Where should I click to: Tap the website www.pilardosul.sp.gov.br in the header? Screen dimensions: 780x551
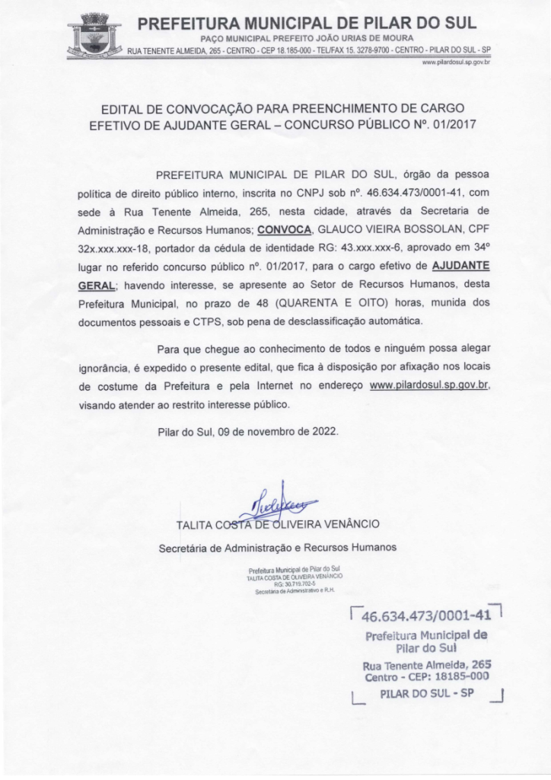(x=454, y=62)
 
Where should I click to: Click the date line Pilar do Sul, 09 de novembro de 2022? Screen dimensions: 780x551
(x=247, y=431)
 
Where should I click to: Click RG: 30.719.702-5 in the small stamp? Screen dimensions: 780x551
(x=294, y=585)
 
